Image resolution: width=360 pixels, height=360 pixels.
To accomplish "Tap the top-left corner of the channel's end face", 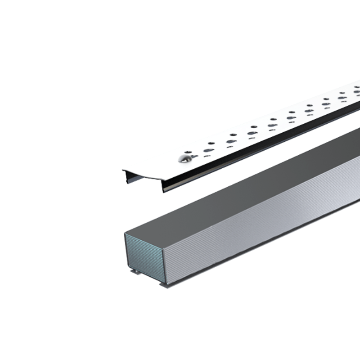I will (x=125, y=234).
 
